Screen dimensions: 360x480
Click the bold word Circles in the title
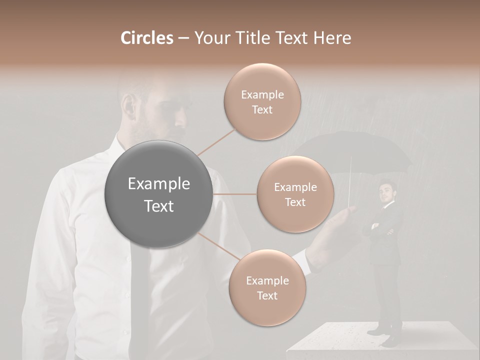146,38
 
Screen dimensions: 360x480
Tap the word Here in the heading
333,38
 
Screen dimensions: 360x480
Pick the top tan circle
262,102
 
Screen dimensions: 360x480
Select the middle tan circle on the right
295,194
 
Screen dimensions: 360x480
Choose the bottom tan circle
267,288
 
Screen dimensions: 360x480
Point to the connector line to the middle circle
235,194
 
